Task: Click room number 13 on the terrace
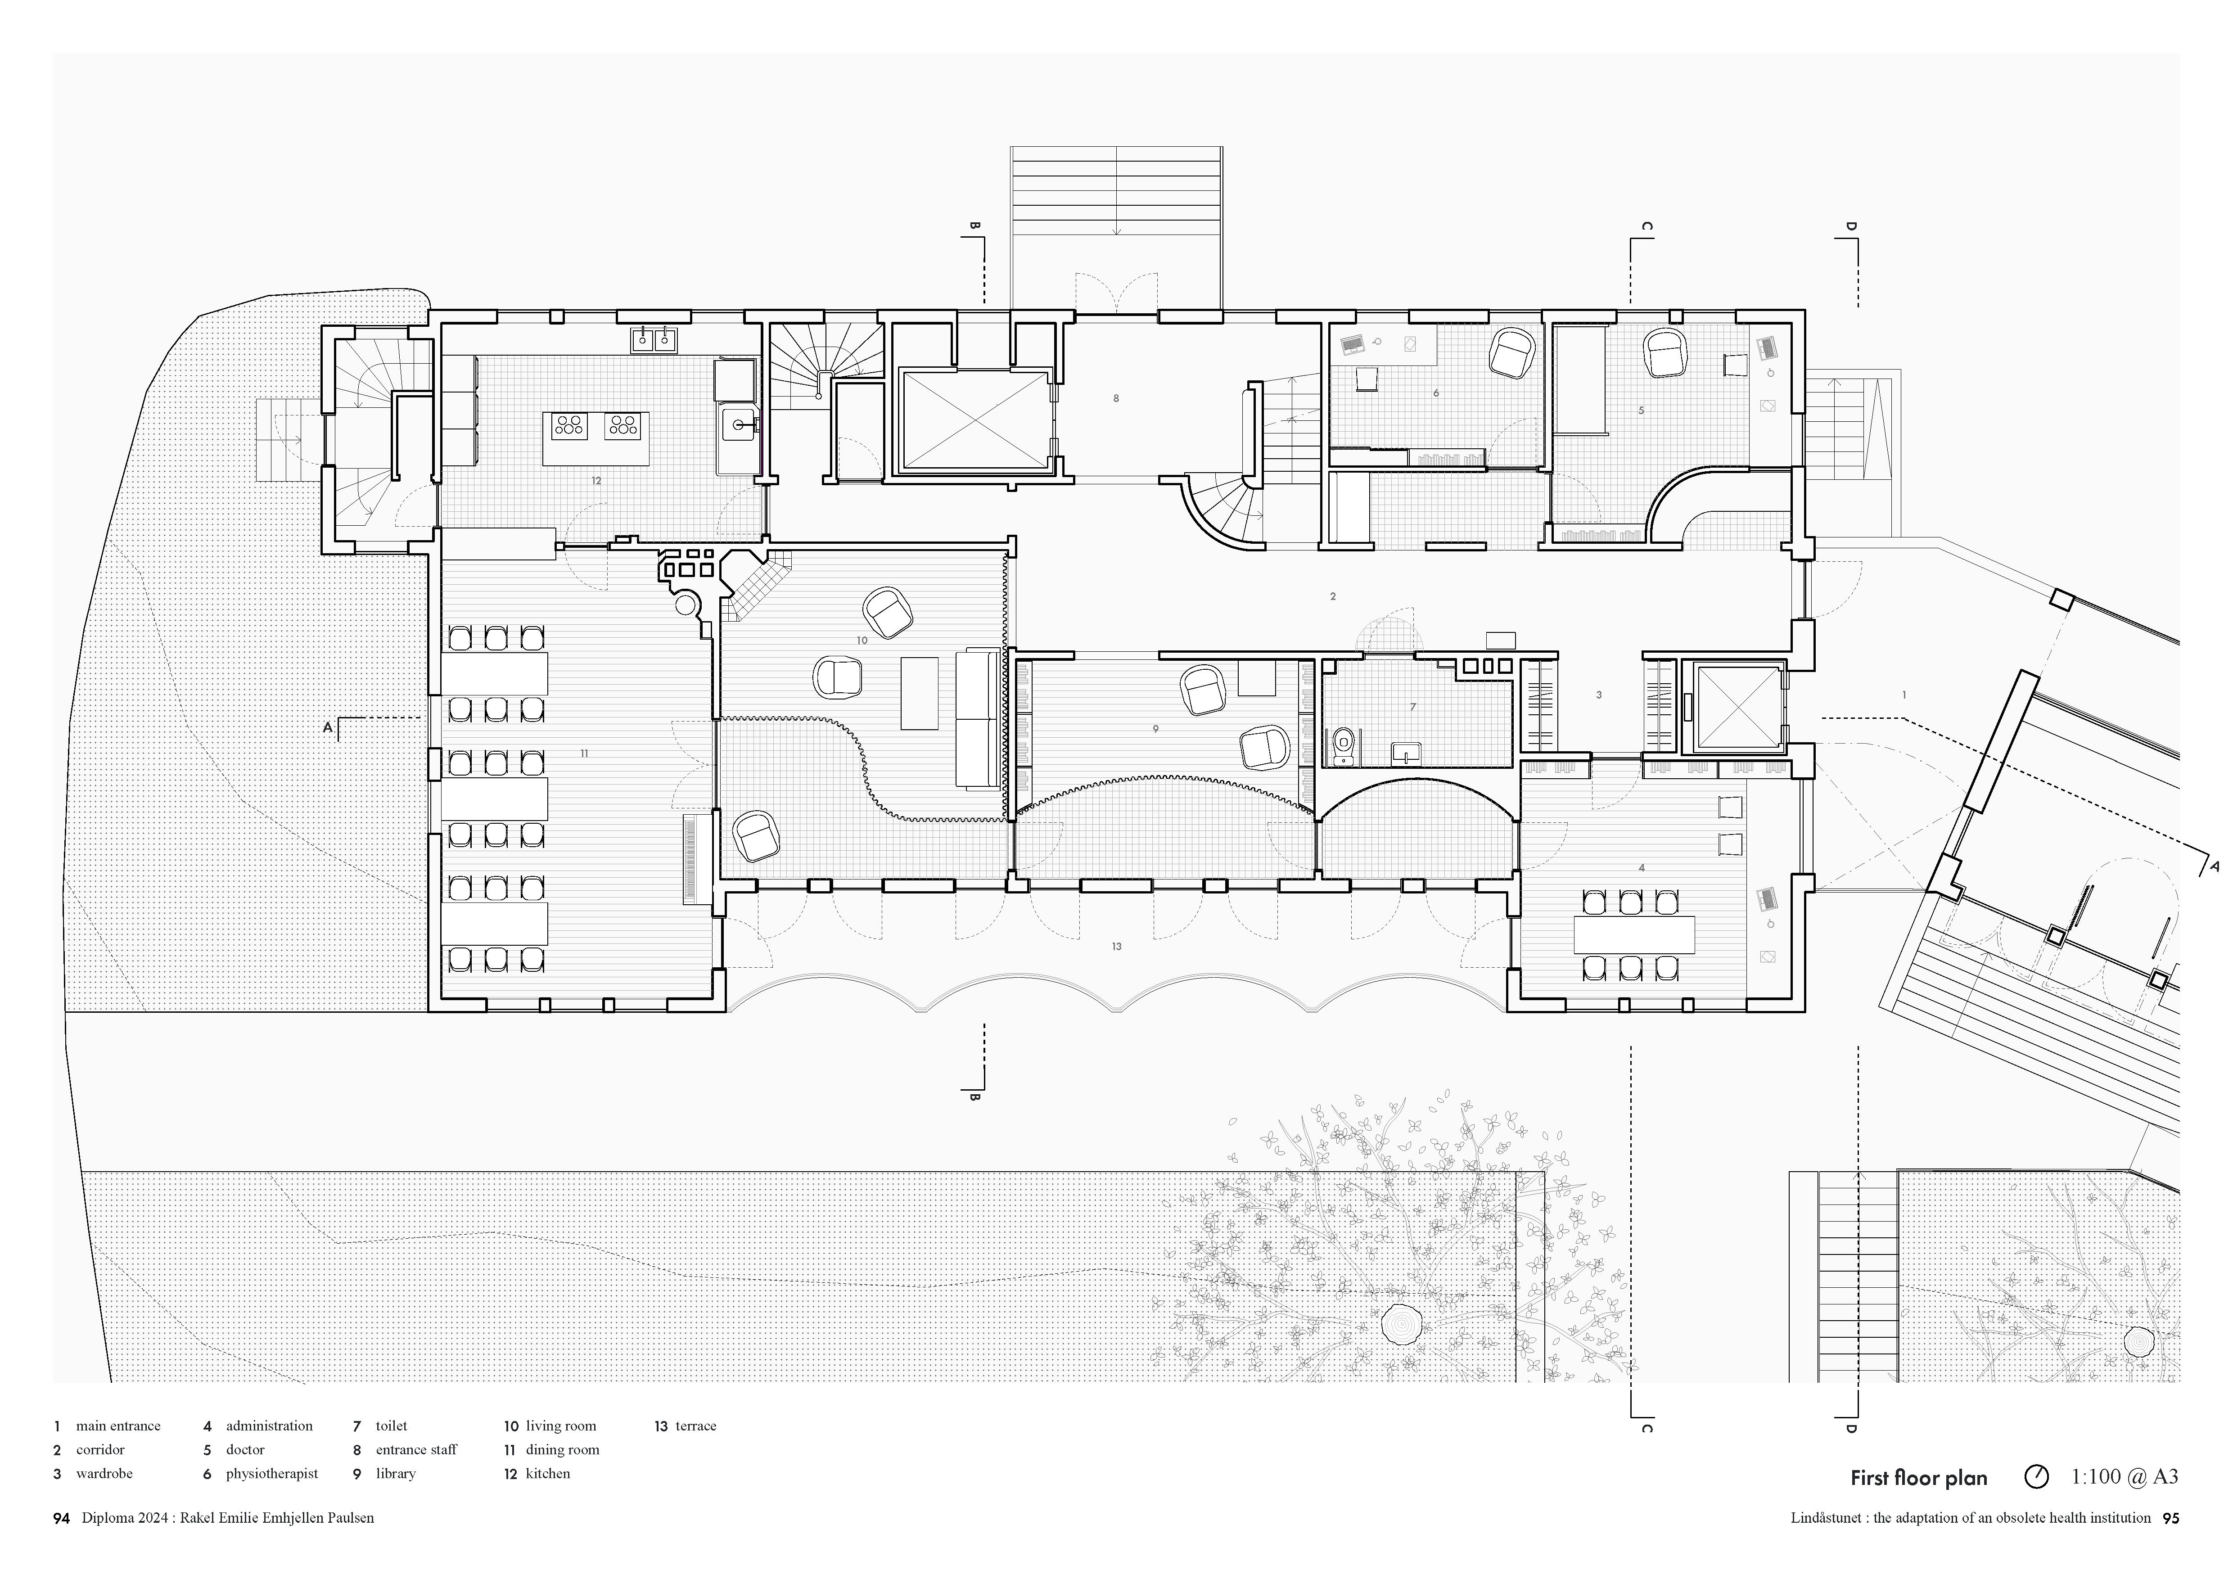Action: point(1116,946)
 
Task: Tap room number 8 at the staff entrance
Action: point(1115,397)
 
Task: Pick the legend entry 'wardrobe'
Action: point(104,1473)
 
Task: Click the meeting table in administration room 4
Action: point(1634,934)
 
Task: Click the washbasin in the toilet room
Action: point(1406,752)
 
